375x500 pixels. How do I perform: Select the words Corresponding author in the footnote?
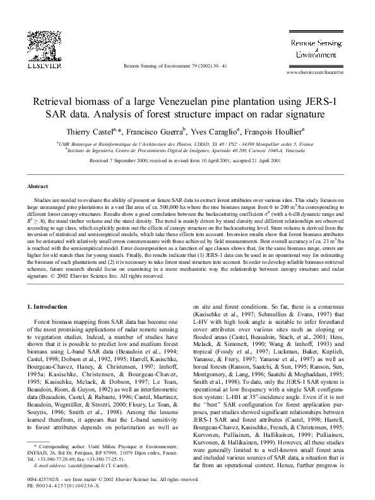tap(56, 446)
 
